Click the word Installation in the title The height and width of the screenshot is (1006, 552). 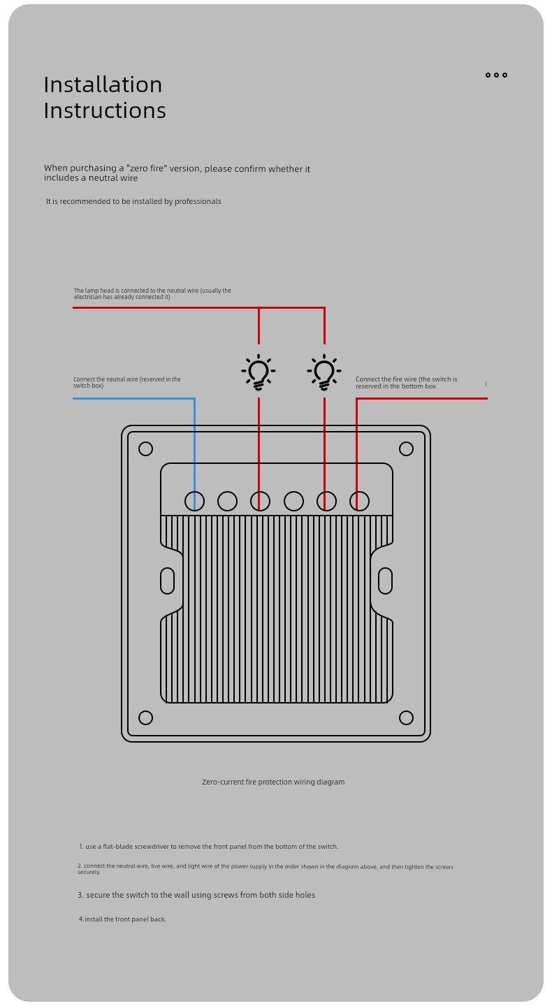[103, 85]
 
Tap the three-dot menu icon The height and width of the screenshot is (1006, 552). [496, 75]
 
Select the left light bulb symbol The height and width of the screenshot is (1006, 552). [259, 372]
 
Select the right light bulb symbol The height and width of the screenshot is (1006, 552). [324, 372]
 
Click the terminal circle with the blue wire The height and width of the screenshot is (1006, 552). [194, 501]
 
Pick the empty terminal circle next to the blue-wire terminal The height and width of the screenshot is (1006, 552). [227, 501]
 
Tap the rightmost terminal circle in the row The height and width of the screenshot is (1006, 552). [359, 501]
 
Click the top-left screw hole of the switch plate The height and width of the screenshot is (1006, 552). [145, 449]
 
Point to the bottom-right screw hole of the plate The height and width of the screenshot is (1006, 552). [406, 717]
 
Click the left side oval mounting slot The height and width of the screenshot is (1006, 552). [167, 581]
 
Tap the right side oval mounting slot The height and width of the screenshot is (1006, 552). [386, 581]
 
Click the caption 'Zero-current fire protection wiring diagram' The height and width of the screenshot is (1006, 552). [273, 782]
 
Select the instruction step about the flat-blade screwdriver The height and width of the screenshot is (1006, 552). [209, 847]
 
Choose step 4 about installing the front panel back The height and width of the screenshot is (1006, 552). [122, 919]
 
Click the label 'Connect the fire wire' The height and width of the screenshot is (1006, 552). [407, 383]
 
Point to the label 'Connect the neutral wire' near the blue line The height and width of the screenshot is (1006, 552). [127, 382]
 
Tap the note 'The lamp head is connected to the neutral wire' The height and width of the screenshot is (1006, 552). [153, 293]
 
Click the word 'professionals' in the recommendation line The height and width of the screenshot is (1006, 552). [198, 202]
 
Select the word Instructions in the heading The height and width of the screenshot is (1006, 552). [105, 110]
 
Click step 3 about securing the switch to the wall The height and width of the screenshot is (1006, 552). [196, 895]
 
